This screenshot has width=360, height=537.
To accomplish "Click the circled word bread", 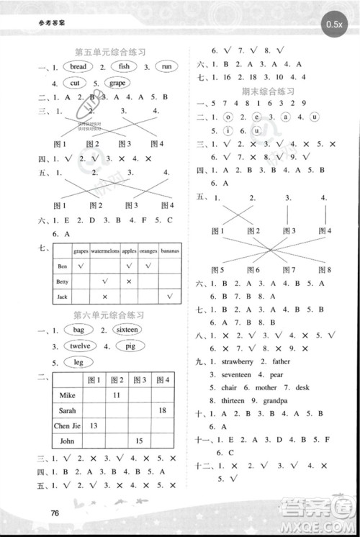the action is point(78,67).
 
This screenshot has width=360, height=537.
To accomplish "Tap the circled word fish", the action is point(124,67).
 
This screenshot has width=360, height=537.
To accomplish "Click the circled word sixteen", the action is point(127,330).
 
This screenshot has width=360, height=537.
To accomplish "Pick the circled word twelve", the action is point(80,346).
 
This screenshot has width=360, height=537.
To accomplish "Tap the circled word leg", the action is point(79,362).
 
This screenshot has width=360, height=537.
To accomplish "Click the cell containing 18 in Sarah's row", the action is point(162,410).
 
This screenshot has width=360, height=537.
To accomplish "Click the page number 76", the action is point(49,513).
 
